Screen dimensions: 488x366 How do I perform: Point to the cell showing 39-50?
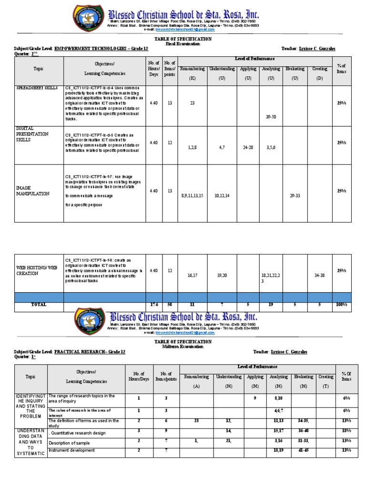(271, 116)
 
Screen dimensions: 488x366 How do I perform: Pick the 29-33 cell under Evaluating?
(295, 195)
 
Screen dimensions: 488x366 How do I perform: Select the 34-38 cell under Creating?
(320, 275)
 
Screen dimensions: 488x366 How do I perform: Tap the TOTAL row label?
(39, 305)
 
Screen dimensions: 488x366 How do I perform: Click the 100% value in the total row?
(341, 305)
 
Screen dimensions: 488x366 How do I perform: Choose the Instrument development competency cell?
(71, 450)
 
